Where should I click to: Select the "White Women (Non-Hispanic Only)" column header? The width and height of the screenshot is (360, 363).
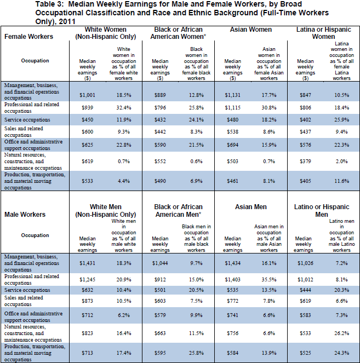coord(107,33)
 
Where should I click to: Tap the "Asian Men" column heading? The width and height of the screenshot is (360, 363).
coord(250,207)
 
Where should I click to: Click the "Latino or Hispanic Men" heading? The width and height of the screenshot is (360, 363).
coord(323,211)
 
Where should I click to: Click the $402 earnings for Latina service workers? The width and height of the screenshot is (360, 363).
coord(306,120)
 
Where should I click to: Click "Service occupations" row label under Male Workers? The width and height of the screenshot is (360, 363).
coord(27,290)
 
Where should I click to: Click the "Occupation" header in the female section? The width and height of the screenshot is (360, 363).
coord(35,60)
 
